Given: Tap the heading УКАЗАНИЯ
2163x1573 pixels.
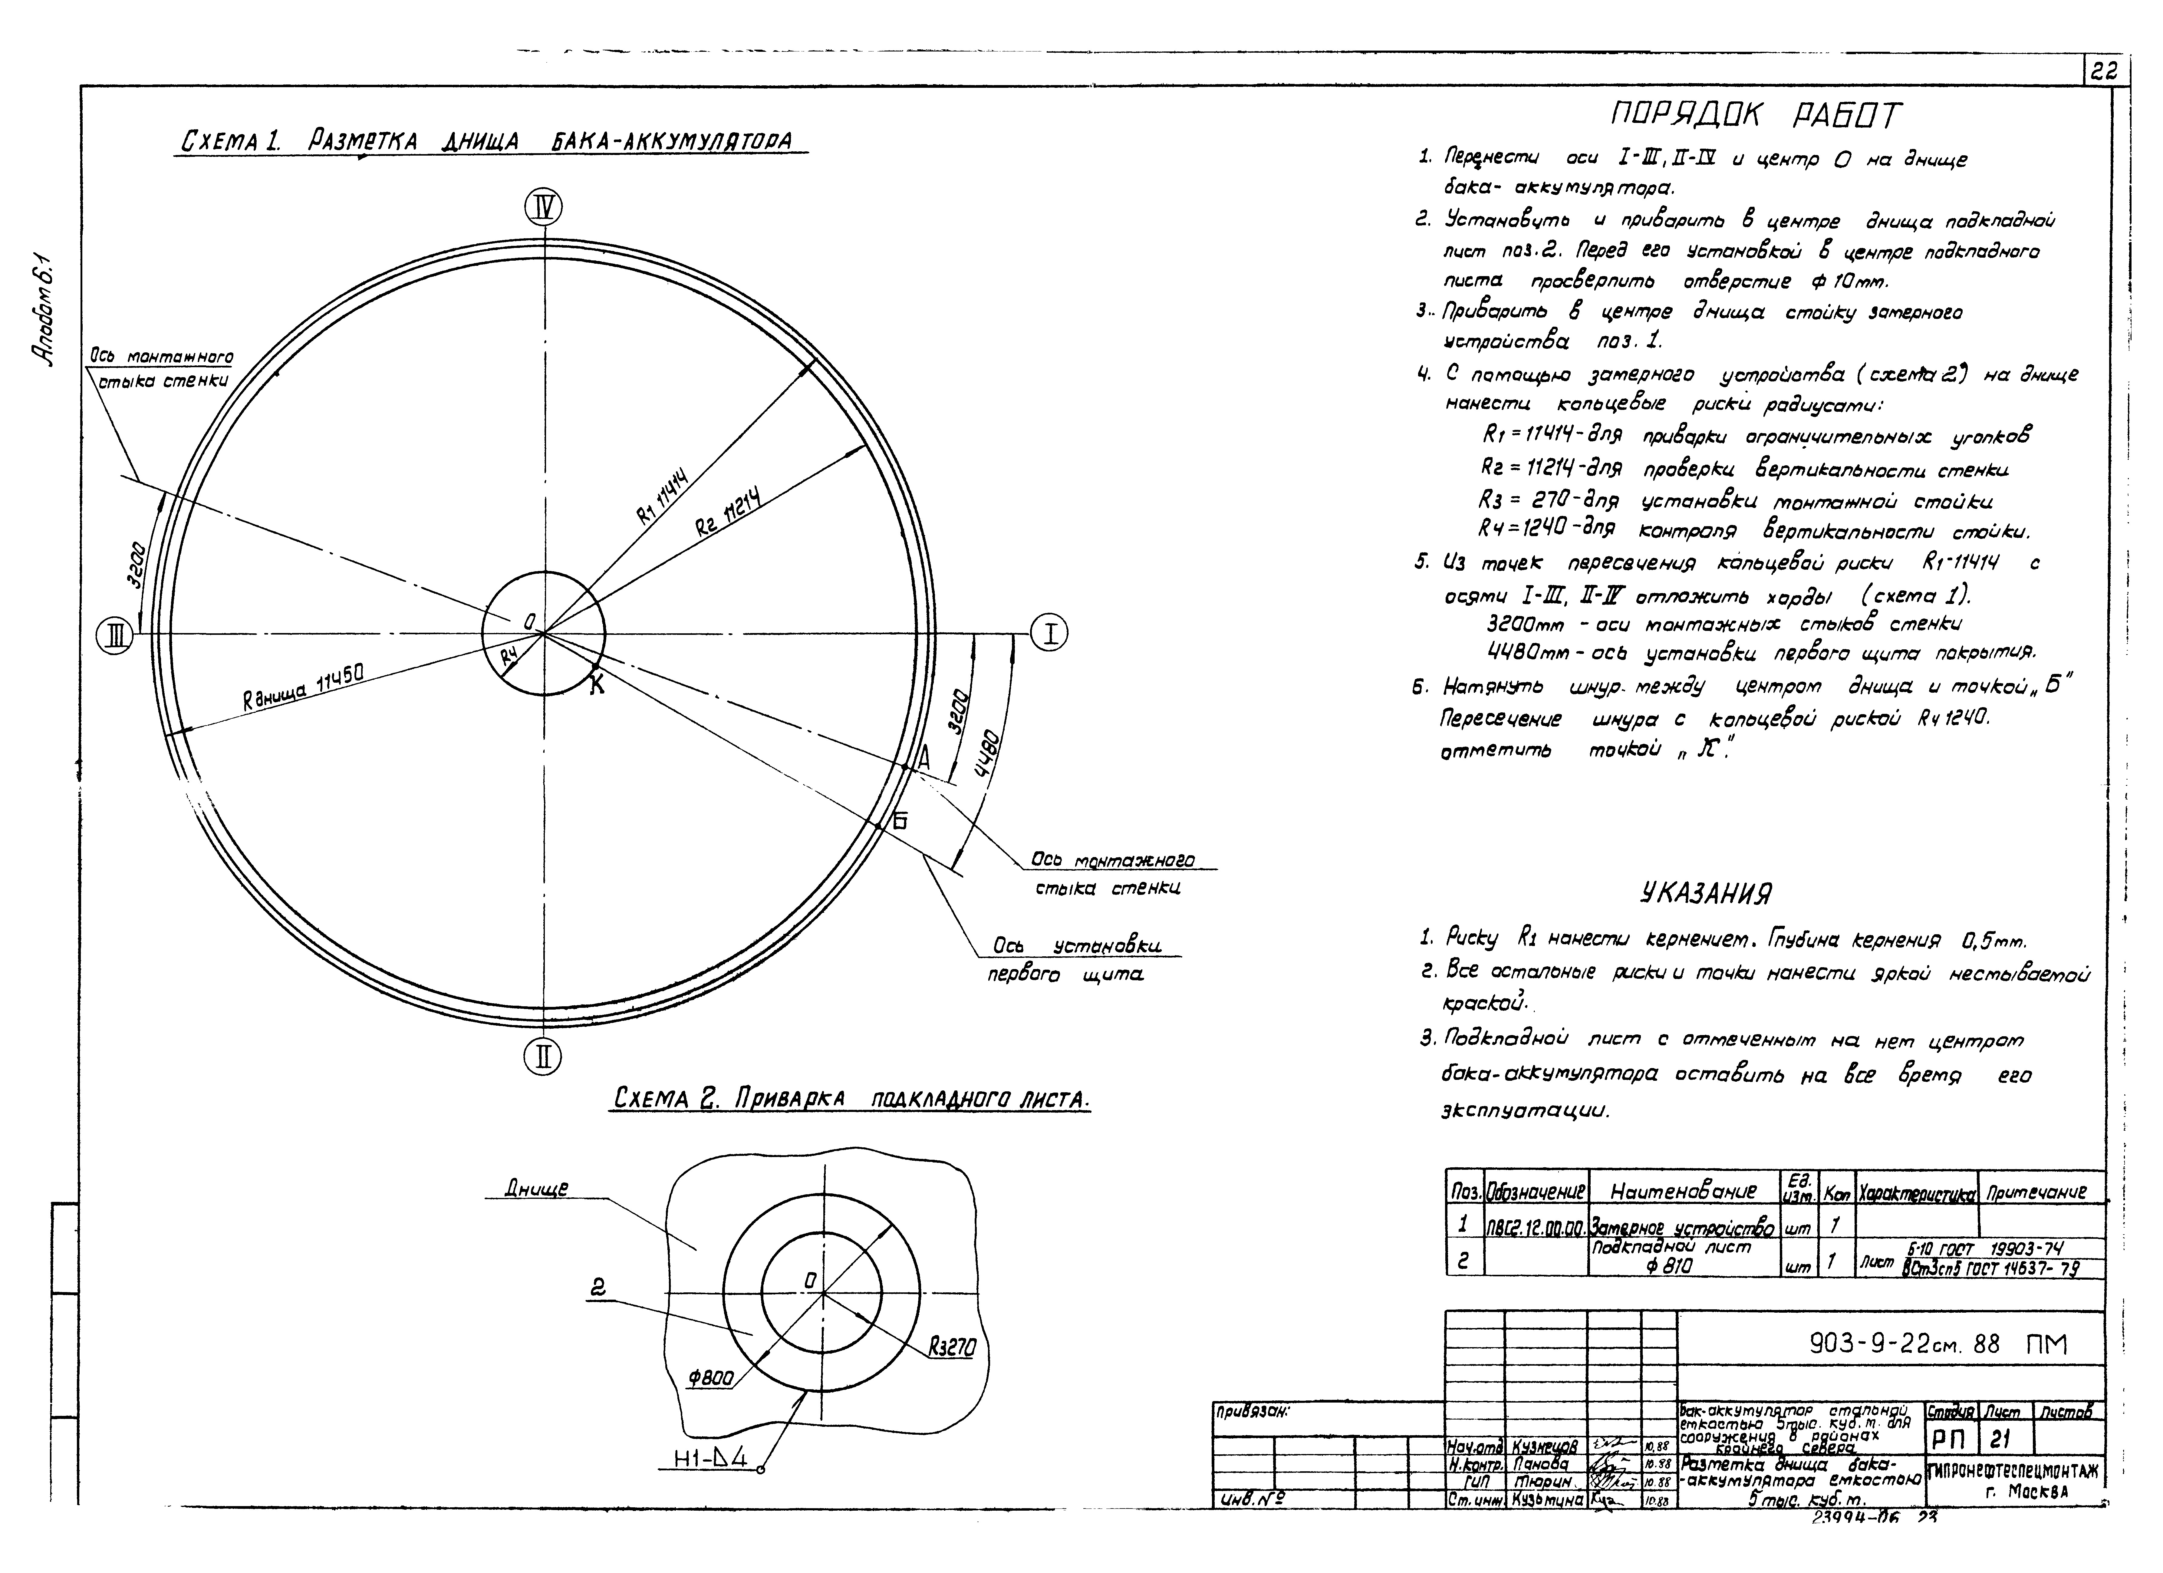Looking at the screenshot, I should click(1705, 894).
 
